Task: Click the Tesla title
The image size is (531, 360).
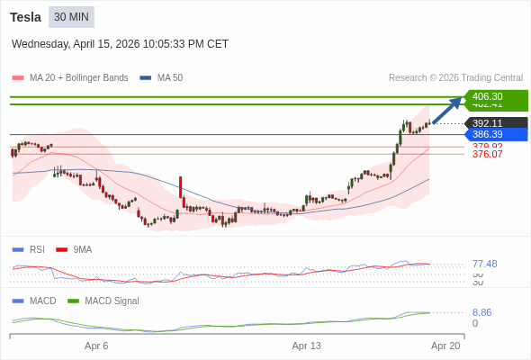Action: pyautogui.click(x=25, y=17)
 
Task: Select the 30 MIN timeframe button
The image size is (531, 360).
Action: pyautogui.click(x=71, y=17)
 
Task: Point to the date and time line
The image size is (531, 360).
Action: pyautogui.click(x=120, y=44)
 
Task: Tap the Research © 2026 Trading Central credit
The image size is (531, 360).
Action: pyautogui.click(x=455, y=77)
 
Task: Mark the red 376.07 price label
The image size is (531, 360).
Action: pyautogui.click(x=488, y=154)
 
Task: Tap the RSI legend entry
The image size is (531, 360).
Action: pyautogui.click(x=36, y=249)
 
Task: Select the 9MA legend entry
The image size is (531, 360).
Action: pyautogui.click(x=82, y=249)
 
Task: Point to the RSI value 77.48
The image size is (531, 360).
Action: pyautogui.click(x=484, y=264)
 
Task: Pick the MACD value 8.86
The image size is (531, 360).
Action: pyautogui.click(x=481, y=312)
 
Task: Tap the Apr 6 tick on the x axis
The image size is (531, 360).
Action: pyautogui.click(x=96, y=346)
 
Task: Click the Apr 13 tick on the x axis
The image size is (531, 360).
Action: pyautogui.click(x=307, y=346)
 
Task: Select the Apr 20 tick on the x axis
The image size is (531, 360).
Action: pyautogui.click(x=445, y=346)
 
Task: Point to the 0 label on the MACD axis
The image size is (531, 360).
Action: pyautogui.click(x=475, y=323)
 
